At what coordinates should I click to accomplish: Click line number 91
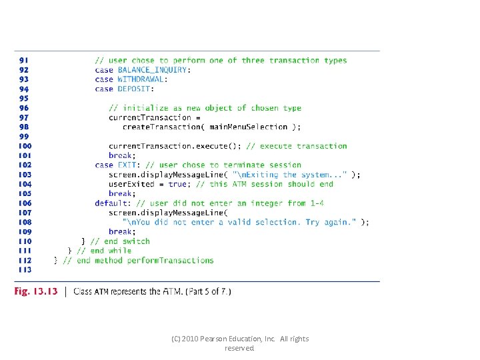[x=23, y=60]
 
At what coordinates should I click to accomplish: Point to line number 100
[x=24, y=146]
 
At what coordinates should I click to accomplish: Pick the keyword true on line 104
[x=177, y=184]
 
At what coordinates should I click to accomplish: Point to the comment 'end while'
[x=105, y=251]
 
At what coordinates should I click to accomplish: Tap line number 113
[x=24, y=270]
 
